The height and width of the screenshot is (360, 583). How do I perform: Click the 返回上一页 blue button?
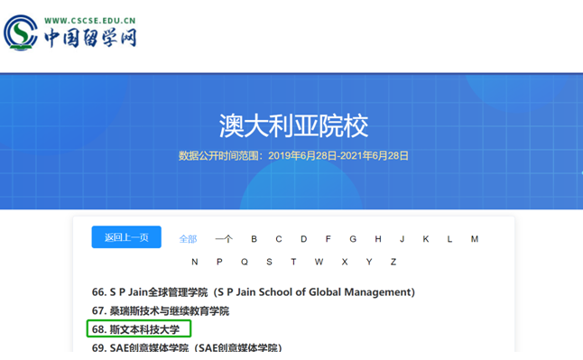126,237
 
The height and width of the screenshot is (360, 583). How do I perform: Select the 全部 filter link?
188,239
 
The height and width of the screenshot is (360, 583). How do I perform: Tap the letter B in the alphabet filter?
254,239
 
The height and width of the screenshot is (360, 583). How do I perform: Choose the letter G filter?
353,239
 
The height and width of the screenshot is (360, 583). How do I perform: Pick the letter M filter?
475,239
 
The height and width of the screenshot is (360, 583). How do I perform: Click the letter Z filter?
393,262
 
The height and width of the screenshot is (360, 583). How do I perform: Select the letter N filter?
195,262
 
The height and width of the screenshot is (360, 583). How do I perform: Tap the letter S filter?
269,262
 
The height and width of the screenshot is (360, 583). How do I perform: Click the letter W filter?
319,262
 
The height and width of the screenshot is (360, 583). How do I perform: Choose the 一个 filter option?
224,239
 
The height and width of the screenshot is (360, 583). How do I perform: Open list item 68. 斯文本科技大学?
140,329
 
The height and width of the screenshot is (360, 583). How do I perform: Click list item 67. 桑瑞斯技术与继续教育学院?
161,311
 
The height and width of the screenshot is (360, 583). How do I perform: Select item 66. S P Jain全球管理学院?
253,292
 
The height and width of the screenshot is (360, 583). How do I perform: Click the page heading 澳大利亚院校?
293,125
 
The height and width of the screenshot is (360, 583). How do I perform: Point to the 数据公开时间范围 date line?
293,155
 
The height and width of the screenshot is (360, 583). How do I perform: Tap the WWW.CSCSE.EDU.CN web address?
90,18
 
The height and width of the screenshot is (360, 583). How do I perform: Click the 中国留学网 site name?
90,38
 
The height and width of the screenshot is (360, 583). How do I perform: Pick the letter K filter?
425,239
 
